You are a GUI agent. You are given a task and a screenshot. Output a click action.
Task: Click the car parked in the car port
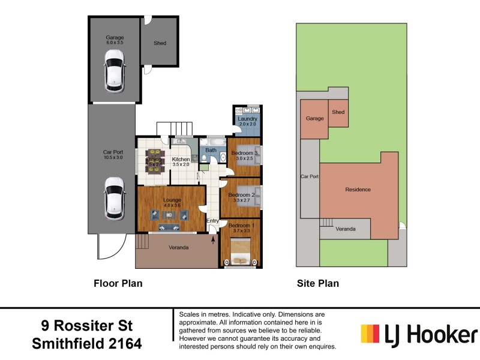pos(114,199)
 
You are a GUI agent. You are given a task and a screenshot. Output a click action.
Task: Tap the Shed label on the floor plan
pos(160,43)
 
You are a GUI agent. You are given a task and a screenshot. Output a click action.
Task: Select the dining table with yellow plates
pos(155,161)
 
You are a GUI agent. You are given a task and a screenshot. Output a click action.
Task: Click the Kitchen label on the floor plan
pos(181,160)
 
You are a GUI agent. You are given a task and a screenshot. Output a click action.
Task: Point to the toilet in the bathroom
pos(205,158)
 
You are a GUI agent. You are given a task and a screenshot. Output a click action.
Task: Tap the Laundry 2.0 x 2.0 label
pos(247,122)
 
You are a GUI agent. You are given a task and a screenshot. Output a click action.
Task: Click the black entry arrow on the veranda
pos(214,239)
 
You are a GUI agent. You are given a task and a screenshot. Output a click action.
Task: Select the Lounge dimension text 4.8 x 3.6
pos(172,205)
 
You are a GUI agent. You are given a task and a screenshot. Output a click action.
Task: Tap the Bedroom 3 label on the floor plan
pos(244,153)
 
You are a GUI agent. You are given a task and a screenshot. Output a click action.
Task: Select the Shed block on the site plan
pos(338,113)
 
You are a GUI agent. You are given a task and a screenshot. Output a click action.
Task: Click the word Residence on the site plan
pos(358,190)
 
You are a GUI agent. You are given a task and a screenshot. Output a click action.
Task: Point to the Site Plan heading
pos(318,283)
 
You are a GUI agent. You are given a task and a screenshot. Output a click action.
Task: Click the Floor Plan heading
pos(118,283)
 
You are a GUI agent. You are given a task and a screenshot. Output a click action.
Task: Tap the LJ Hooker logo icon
pos(371,334)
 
